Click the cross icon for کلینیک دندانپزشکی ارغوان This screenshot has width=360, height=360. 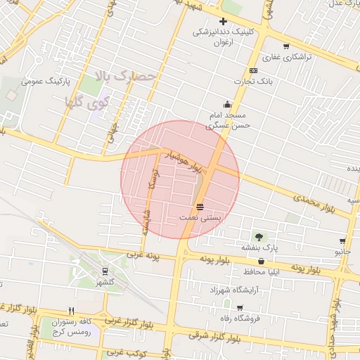point(223,21)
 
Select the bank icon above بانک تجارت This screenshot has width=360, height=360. point(252,70)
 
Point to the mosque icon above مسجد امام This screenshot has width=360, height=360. point(226,104)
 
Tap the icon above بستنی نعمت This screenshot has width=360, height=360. point(200,206)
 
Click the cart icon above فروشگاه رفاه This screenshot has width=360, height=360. point(240,308)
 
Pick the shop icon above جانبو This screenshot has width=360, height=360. point(342,240)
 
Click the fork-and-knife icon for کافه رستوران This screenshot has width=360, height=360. point(71,310)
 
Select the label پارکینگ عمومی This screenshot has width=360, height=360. point(43,81)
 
